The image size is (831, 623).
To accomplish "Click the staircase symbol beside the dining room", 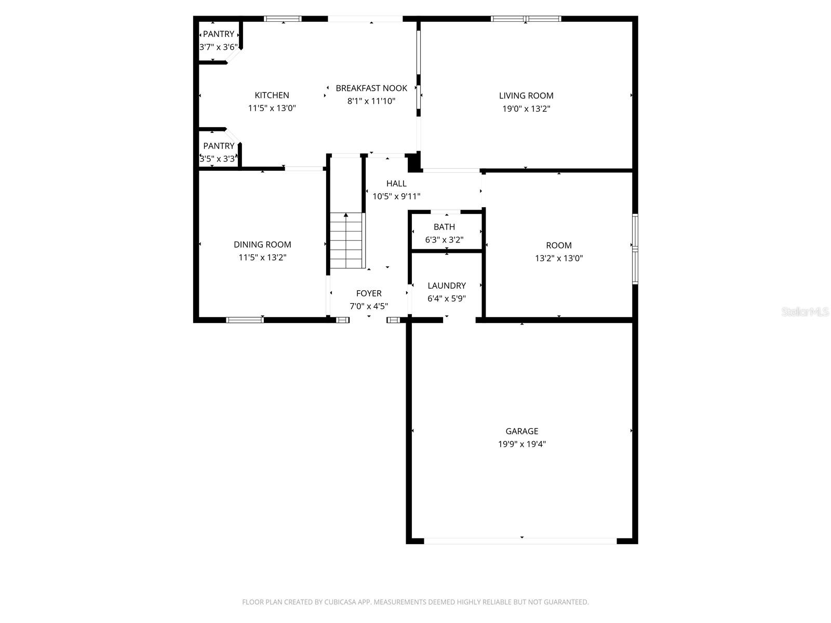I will pyautogui.click(x=346, y=241).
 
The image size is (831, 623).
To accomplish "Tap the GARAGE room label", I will pyautogui.click(x=522, y=431).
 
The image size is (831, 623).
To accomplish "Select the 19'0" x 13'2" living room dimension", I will pyautogui.click(x=526, y=109).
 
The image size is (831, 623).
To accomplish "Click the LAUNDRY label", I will pyautogui.click(x=447, y=286).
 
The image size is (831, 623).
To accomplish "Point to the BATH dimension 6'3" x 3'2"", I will pyautogui.click(x=444, y=240).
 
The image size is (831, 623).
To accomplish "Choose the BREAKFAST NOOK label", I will pyautogui.click(x=371, y=88).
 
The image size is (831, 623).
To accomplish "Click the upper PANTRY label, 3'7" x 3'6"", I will pyautogui.click(x=218, y=34).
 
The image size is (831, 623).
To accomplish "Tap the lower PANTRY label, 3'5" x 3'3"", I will pyautogui.click(x=219, y=146).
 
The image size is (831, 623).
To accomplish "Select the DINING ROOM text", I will pyautogui.click(x=262, y=245).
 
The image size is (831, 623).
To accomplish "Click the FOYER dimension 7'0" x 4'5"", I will pyautogui.click(x=369, y=306).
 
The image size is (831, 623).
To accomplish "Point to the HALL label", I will pyautogui.click(x=396, y=183).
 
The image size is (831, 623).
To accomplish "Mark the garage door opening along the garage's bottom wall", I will pyautogui.click(x=520, y=541).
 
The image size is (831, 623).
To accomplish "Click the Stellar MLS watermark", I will pyautogui.click(x=806, y=311).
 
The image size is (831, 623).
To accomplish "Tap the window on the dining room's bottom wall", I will pyautogui.click(x=245, y=320).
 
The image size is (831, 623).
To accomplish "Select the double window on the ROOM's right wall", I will pyautogui.click(x=635, y=249).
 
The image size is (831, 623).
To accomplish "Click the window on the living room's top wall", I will pyautogui.click(x=526, y=19).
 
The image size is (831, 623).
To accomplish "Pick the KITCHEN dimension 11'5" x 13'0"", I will pyautogui.click(x=272, y=108).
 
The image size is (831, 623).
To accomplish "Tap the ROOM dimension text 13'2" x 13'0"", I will pyautogui.click(x=559, y=258).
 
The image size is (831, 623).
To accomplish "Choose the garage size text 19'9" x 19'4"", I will pyautogui.click(x=522, y=444).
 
